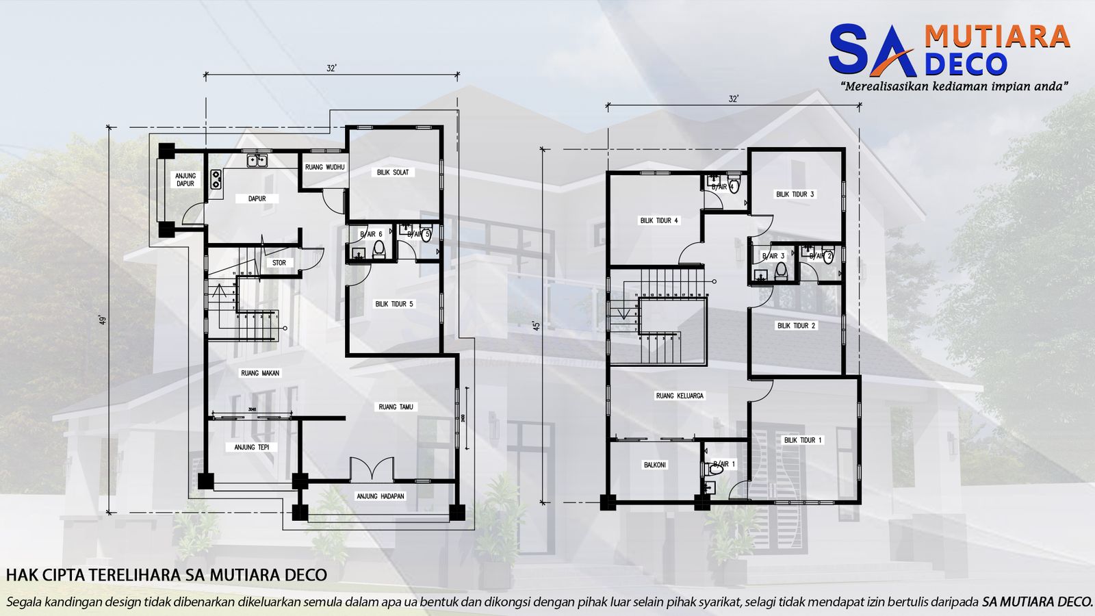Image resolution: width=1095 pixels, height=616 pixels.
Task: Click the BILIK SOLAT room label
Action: pyautogui.click(x=393, y=172)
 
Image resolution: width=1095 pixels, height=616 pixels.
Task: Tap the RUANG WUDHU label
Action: pyautogui.click(x=325, y=167)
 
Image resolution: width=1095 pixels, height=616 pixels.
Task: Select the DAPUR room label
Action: pyautogui.click(x=257, y=198)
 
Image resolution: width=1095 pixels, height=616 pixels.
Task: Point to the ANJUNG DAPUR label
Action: pyautogui.click(x=185, y=179)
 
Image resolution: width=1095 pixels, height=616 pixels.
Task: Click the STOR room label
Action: pyautogui.click(x=279, y=263)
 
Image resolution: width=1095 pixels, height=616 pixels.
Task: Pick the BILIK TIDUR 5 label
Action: pyautogui.click(x=394, y=304)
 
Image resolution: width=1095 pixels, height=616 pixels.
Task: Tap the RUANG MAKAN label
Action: pyautogui.click(x=260, y=373)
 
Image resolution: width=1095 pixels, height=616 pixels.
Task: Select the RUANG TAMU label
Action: pyautogui.click(x=396, y=407)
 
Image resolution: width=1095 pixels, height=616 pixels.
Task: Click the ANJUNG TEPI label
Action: pyautogui.click(x=252, y=447)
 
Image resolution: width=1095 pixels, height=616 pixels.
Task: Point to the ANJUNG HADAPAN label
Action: pyautogui.click(x=381, y=496)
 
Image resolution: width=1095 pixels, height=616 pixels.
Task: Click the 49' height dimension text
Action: pyautogui.click(x=103, y=320)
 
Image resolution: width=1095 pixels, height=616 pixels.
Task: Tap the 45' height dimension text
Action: pyautogui.click(x=537, y=325)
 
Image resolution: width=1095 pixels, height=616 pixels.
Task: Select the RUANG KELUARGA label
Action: pyautogui.click(x=680, y=396)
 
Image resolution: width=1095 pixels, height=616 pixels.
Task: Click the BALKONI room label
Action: pyautogui.click(x=655, y=465)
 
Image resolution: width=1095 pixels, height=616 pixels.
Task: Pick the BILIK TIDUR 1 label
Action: pyautogui.click(x=803, y=440)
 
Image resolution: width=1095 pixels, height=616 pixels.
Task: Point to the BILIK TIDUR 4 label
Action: pyautogui.click(x=659, y=220)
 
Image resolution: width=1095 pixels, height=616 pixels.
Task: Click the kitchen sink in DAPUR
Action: pyautogui.click(x=257, y=161)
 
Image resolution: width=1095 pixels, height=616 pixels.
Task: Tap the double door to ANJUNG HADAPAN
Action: pyautogui.click(x=372, y=470)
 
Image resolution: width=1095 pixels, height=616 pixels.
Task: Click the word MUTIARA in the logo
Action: pyautogui.click(x=996, y=37)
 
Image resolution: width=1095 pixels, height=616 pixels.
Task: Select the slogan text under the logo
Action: pyautogui.click(x=955, y=87)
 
